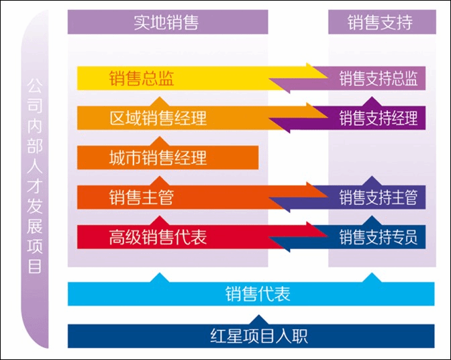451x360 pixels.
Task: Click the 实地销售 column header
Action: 166,22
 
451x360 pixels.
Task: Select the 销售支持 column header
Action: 380,22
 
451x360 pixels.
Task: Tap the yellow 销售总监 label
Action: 142,78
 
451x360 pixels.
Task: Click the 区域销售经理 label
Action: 158,118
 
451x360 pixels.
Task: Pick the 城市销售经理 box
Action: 168,157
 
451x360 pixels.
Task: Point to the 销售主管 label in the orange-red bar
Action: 142,197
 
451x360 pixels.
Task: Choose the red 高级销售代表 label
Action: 158,237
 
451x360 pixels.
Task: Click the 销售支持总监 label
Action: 379,79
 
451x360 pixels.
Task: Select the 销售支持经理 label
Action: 379,118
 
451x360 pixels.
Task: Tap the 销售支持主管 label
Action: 379,197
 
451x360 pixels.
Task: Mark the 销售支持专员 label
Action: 379,237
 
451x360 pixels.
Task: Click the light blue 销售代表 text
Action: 258,294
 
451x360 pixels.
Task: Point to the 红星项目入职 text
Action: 259,336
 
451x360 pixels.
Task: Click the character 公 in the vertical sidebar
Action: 35,86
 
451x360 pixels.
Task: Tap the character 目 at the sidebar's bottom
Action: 35,266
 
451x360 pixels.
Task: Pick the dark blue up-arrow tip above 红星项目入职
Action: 258,315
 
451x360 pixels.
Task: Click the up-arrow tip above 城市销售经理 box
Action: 160,137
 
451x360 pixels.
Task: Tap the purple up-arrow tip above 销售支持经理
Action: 372,97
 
